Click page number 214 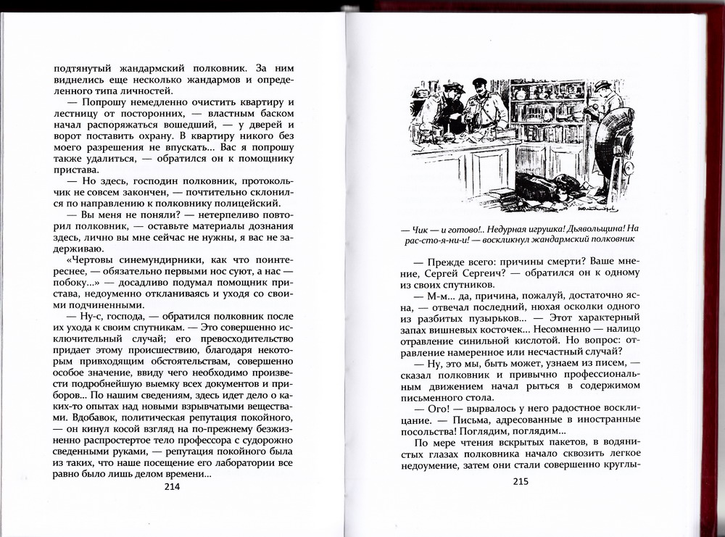point(173,487)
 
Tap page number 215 point(521,481)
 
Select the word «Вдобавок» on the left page point(77,417)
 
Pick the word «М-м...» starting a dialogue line point(428,299)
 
